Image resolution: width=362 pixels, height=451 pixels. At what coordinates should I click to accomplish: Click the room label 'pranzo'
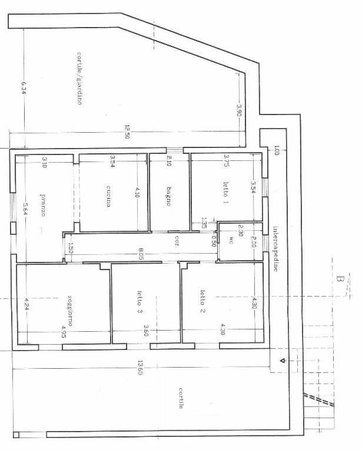pos(42,205)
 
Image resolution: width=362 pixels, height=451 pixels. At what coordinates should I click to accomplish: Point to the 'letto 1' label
pos(225,192)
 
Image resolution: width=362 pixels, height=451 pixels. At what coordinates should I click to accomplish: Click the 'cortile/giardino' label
pos(78,78)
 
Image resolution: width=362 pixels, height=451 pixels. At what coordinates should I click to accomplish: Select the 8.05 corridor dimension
pos(139,254)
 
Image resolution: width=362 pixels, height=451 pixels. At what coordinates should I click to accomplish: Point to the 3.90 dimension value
pos(239,110)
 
